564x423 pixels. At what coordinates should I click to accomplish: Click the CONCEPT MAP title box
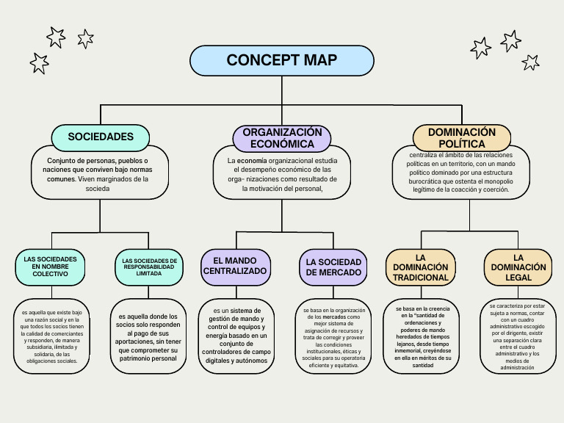[x=282, y=60]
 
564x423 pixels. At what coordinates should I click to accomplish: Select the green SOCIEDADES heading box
[x=101, y=137]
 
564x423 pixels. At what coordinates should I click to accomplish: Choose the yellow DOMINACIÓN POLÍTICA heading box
[x=461, y=137]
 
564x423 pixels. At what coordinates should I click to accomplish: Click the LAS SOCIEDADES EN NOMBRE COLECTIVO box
[x=50, y=267]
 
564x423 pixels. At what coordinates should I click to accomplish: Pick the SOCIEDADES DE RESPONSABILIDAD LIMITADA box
[x=149, y=267]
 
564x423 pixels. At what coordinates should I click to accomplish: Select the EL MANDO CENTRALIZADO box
[x=235, y=266]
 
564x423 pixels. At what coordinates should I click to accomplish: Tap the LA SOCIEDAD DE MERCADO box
[x=333, y=267]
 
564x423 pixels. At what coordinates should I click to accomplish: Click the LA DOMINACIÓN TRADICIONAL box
[x=421, y=267]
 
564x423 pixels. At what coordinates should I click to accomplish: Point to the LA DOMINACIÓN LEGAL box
[x=518, y=267]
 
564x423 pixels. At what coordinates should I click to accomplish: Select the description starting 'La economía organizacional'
[x=283, y=174]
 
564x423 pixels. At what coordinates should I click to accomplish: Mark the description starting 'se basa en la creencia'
[x=420, y=337]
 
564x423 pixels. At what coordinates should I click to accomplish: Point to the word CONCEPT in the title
[x=254, y=60]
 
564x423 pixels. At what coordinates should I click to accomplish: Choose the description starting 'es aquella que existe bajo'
[x=51, y=337]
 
